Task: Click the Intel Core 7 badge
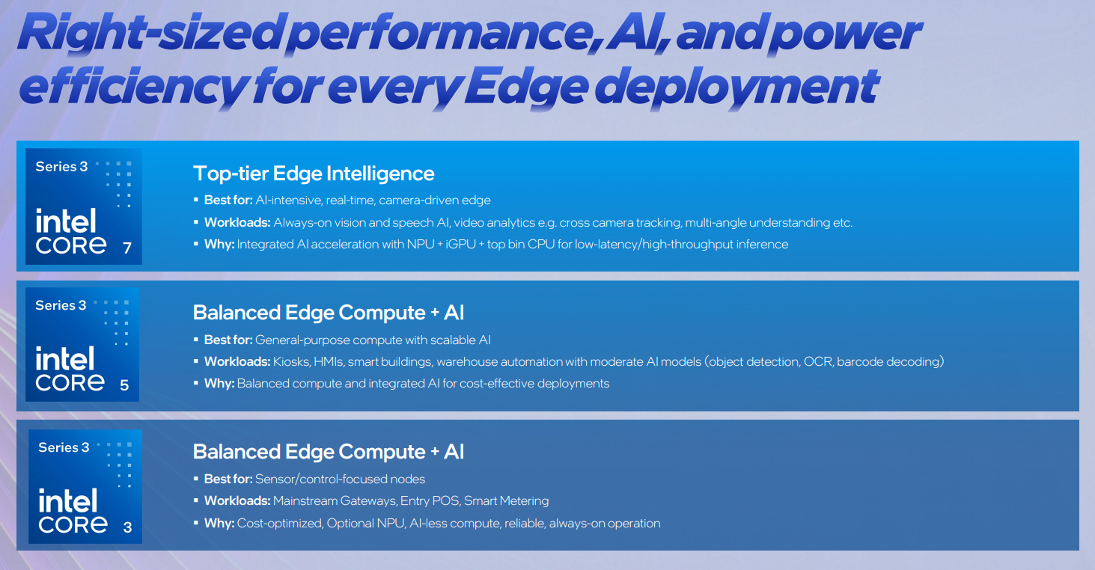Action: (x=83, y=206)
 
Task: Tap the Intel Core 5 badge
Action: (x=82, y=345)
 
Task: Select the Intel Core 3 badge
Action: (x=85, y=486)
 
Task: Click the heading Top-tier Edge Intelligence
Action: (x=314, y=174)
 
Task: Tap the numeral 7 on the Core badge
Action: (x=127, y=248)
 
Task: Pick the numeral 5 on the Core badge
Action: (x=124, y=386)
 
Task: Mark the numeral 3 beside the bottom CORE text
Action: (x=127, y=527)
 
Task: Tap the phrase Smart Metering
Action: (x=506, y=501)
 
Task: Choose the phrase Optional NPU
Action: (x=367, y=524)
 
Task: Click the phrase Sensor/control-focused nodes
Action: (x=340, y=479)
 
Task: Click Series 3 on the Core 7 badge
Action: (x=61, y=167)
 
